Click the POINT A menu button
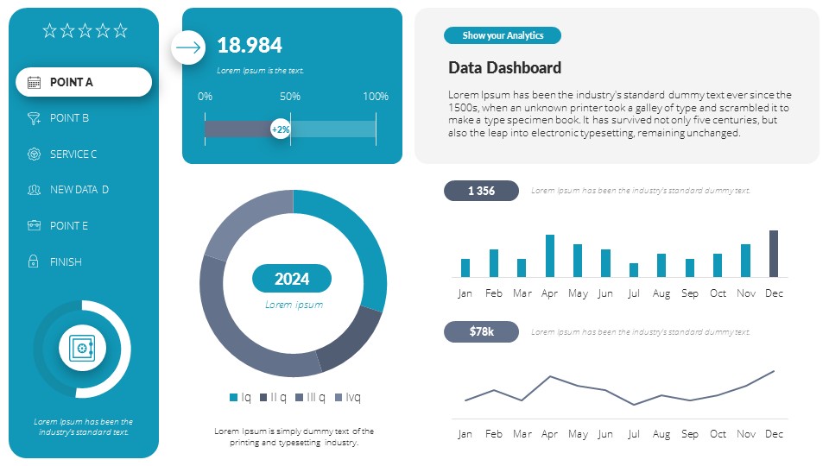pos(84,82)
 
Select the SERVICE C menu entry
pos(73,154)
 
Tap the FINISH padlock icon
pos(34,261)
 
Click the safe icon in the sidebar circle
pos(82,349)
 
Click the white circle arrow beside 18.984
pos(188,47)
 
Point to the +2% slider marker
pos(281,129)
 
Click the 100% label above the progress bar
pos(376,97)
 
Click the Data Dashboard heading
pos(504,68)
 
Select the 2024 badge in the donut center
pos(292,279)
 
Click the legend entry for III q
pos(310,397)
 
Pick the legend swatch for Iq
pos(233,397)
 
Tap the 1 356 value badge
pos(481,191)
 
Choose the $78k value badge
pos(481,331)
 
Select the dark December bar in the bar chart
pos(774,254)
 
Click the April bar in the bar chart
pos(550,255)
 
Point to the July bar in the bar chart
pos(634,270)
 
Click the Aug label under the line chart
pos(661,434)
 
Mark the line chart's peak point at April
pos(550,376)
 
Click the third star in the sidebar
pos(85,31)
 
